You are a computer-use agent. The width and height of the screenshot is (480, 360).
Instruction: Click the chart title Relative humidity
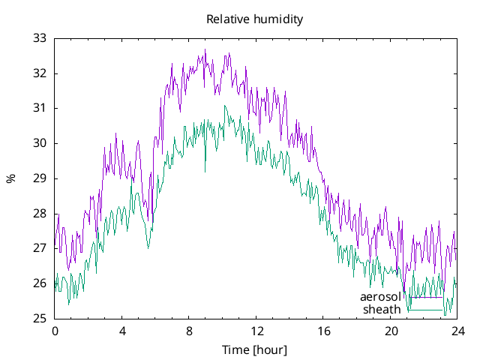point(255,19)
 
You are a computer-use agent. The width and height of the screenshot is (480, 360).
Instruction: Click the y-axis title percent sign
point(10,178)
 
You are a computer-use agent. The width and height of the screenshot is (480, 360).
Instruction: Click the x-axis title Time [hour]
point(255,349)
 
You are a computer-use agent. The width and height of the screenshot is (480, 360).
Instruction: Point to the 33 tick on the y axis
point(40,38)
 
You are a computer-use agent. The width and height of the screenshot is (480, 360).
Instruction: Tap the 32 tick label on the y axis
point(40,73)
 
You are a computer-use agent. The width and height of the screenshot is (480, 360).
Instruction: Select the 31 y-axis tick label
point(40,108)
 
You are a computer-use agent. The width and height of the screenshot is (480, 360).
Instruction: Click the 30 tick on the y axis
point(40,143)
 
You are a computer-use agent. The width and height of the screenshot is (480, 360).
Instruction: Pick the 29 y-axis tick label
point(40,178)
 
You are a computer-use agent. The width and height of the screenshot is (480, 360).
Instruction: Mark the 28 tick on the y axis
point(40,214)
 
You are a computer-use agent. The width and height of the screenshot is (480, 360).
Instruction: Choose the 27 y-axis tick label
point(40,248)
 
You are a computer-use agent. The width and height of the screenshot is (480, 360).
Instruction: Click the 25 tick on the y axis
point(40,319)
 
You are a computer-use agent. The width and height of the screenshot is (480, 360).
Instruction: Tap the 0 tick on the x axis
point(55,331)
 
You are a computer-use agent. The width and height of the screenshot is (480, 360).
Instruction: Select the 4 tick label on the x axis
point(122,331)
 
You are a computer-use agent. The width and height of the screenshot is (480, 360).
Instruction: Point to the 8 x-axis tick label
point(189,331)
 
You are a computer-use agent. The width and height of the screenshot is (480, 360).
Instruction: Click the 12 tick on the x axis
point(256,331)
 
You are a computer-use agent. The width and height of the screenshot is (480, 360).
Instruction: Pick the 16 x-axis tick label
point(324,331)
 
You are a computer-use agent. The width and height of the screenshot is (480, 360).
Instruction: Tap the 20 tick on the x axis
point(391,331)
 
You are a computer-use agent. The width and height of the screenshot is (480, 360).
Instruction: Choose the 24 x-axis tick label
point(458,331)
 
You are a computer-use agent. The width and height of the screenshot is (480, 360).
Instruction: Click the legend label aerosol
point(380,297)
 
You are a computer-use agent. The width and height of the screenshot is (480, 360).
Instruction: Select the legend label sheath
point(382,309)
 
